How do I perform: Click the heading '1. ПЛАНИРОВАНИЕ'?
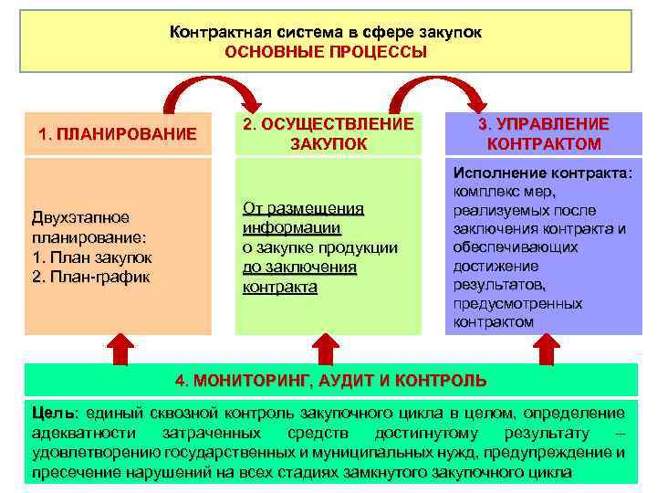click(x=118, y=134)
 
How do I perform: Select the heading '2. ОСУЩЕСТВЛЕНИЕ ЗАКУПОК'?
click(x=328, y=134)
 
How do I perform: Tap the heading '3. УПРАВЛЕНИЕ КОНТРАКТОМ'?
click(x=544, y=134)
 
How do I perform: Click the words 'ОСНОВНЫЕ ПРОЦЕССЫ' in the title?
click(x=326, y=51)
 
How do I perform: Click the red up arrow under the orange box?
click(x=119, y=350)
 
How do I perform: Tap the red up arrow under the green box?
click(x=327, y=350)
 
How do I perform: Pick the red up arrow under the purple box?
click(x=545, y=350)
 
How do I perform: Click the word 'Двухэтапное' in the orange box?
click(x=80, y=217)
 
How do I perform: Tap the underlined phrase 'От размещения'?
click(x=303, y=208)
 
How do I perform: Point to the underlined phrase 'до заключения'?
click(x=299, y=267)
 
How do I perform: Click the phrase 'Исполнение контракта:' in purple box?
click(x=543, y=173)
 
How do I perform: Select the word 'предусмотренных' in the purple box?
click(x=517, y=303)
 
